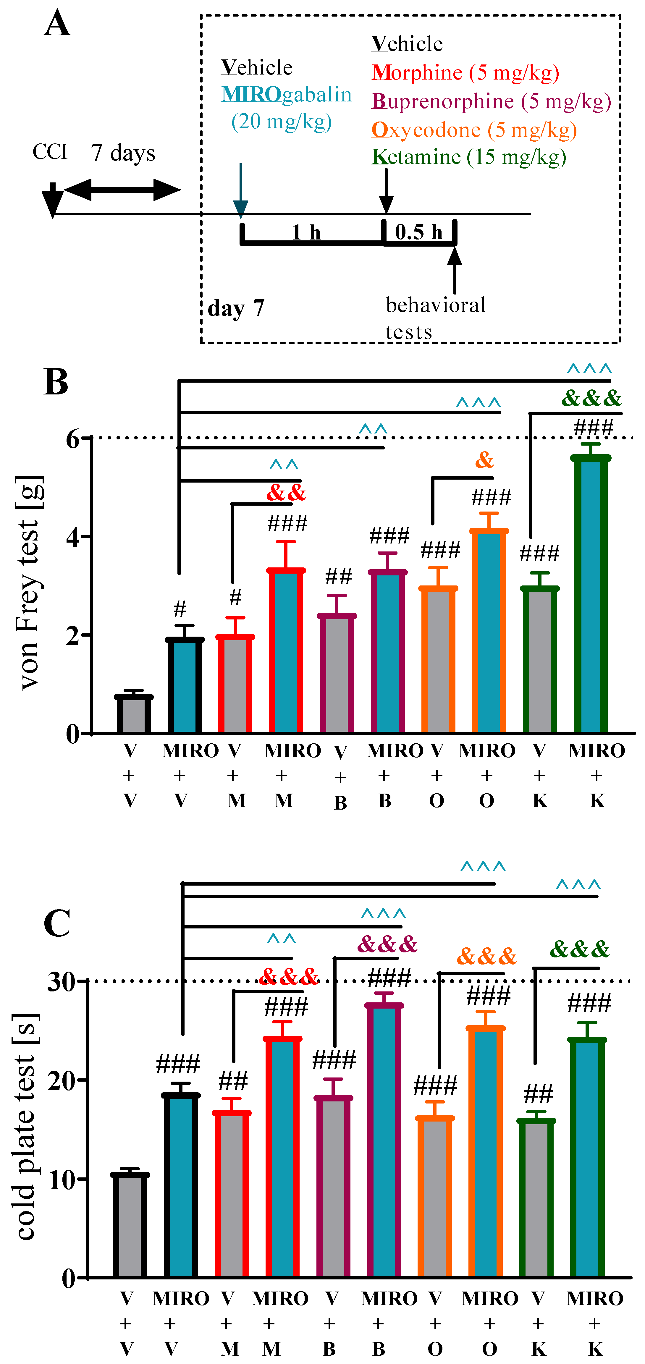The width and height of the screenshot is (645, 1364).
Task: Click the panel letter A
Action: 57,25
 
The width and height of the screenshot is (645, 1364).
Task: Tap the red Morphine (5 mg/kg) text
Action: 465,72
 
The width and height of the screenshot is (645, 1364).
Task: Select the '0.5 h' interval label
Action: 418,232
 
